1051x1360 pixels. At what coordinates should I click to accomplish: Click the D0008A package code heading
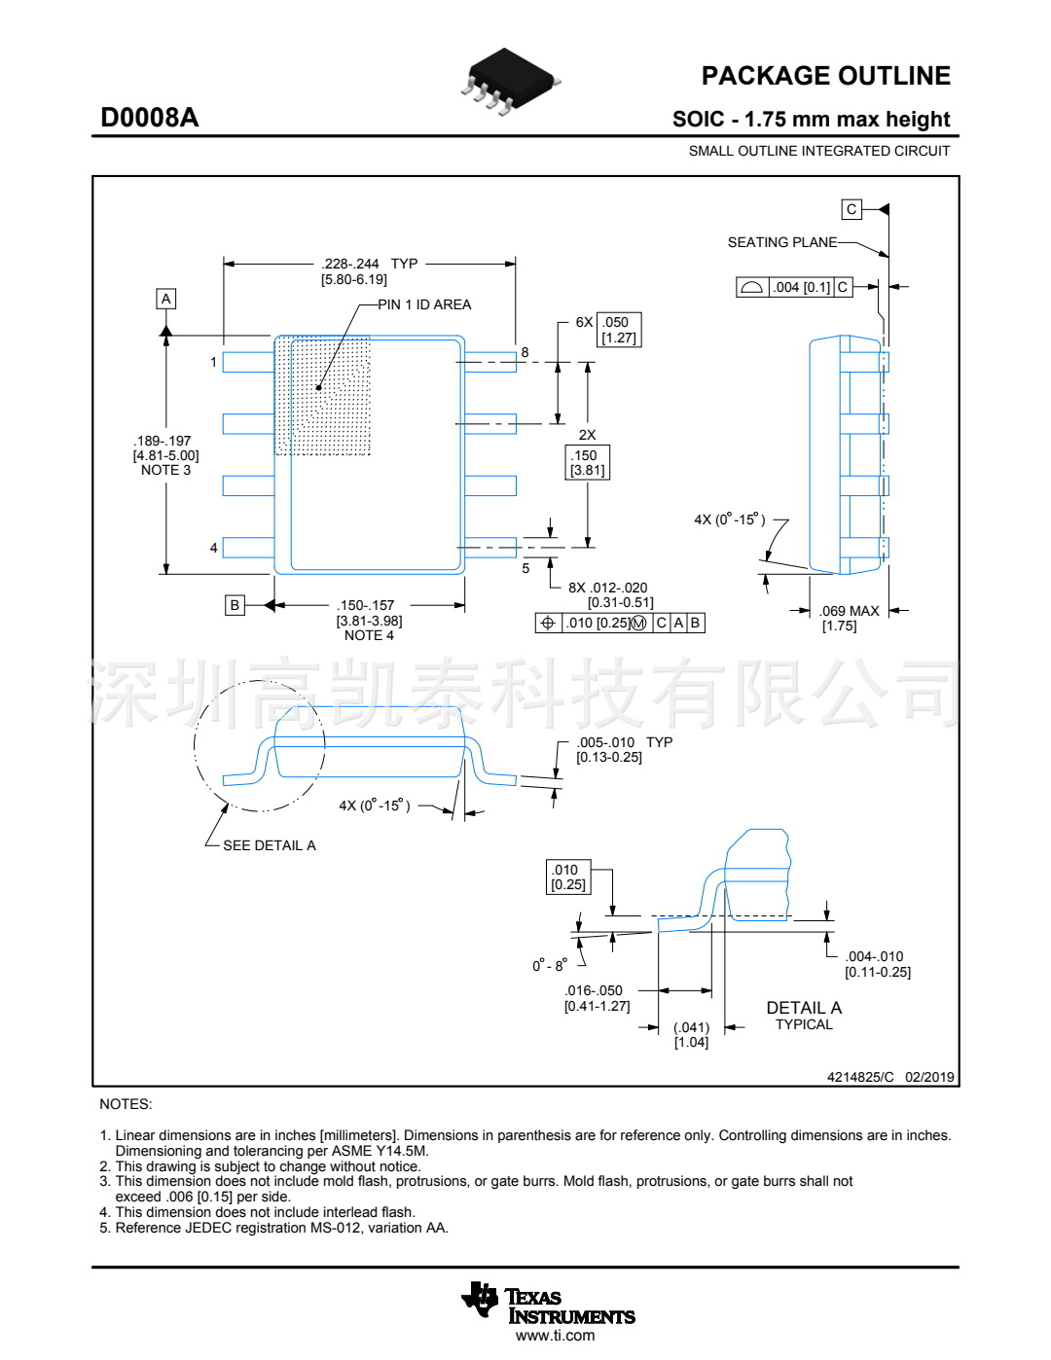tap(150, 118)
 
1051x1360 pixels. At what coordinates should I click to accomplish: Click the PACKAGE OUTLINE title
tap(825, 76)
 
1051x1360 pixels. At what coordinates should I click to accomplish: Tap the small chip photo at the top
tap(509, 81)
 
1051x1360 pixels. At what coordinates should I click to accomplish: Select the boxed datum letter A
tap(166, 299)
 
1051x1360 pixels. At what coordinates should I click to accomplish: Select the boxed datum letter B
tap(235, 605)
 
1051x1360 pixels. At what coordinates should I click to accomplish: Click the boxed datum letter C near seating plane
tap(852, 209)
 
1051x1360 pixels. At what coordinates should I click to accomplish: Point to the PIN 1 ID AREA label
tap(424, 304)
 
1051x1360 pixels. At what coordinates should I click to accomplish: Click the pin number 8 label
tap(525, 352)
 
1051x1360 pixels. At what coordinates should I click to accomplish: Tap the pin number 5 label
tap(525, 568)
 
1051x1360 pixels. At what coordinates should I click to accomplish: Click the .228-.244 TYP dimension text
tap(369, 264)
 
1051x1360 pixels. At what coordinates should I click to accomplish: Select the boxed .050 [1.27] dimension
tap(618, 330)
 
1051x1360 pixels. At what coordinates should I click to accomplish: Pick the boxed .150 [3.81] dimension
tap(587, 462)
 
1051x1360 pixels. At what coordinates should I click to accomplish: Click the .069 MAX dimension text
tap(849, 611)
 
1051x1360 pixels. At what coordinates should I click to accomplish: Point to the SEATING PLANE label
tap(781, 242)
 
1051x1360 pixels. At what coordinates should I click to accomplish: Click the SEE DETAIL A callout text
tap(269, 845)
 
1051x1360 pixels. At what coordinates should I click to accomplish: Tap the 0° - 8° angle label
tap(549, 966)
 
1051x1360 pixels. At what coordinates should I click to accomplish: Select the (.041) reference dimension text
tap(691, 1027)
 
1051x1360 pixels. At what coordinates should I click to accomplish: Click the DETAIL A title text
tap(804, 1008)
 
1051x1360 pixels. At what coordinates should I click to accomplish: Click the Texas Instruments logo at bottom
tap(549, 1306)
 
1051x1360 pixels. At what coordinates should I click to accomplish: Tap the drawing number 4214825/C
tap(860, 1077)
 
